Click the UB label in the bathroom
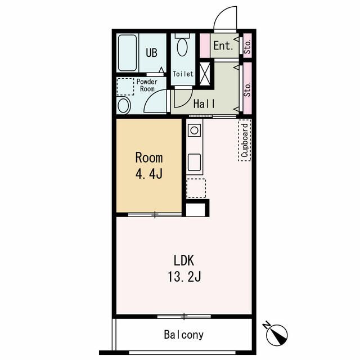coord(151,52)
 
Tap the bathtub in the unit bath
coord(127,53)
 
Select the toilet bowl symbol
coord(182,47)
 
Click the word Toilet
coord(183,74)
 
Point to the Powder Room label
coord(147,85)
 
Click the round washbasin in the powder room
coord(123,106)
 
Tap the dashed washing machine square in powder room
coord(125,87)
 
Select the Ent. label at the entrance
coord(223,46)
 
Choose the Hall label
coord(204,103)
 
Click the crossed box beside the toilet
coord(205,74)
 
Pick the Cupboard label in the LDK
coord(245,140)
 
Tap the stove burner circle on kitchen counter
coord(194,130)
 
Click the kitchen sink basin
coord(194,163)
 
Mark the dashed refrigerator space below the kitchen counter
coord(196,188)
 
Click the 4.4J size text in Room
coord(148,174)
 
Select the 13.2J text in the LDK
coord(184,277)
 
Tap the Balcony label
coord(184,335)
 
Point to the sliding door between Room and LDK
coord(155,215)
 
